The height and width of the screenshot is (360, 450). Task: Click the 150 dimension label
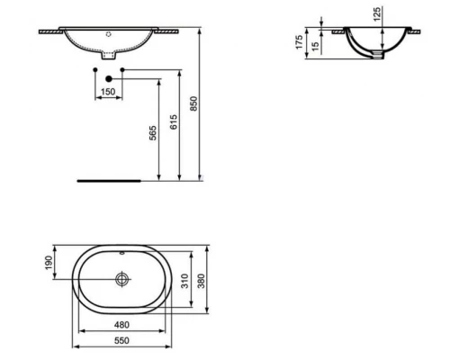[107, 91]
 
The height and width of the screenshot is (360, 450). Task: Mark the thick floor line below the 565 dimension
[108, 179]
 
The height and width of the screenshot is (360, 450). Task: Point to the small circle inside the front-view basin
[108, 35]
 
